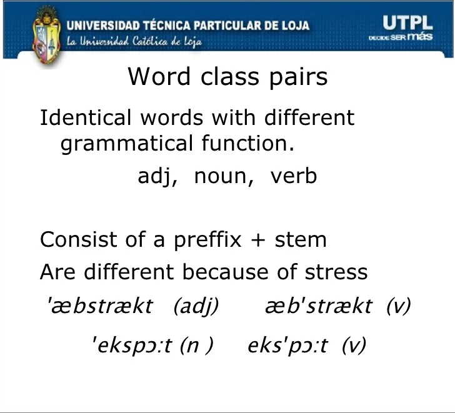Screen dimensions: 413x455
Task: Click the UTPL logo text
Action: [x=407, y=23]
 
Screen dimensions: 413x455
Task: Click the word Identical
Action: [x=86, y=117]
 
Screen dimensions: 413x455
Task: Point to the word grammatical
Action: [x=127, y=144]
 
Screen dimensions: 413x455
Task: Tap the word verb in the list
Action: [x=294, y=176]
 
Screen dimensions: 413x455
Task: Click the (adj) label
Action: [x=196, y=307]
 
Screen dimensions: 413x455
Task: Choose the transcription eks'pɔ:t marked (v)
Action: [x=287, y=346]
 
